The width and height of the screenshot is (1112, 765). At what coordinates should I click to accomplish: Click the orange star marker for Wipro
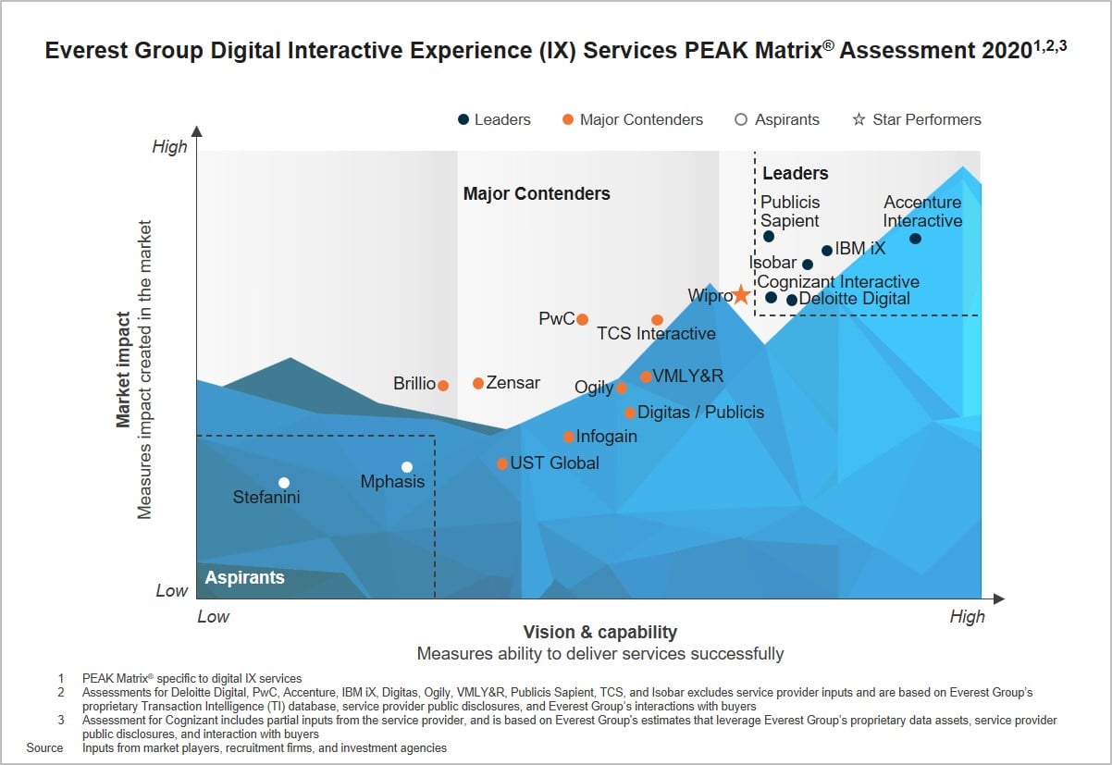(x=741, y=295)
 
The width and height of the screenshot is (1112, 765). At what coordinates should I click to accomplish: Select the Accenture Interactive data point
(x=915, y=239)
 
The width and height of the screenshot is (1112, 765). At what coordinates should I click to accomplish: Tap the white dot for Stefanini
(x=284, y=483)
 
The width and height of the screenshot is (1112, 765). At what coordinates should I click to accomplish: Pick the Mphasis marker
(x=406, y=467)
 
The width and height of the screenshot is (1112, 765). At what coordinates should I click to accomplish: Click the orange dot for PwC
(x=582, y=319)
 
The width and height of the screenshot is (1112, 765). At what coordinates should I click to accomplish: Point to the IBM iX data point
(x=827, y=251)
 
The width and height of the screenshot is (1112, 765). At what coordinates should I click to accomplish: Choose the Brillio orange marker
(x=443, y=386)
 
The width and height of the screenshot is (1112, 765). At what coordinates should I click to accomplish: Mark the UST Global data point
(x=502, y=463)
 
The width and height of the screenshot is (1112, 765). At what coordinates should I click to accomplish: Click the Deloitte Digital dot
(x=792, y=300)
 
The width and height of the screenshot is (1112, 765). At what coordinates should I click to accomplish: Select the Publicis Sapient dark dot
(x=769, y=237)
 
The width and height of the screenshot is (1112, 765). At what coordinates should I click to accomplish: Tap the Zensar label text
(x=513, y=383)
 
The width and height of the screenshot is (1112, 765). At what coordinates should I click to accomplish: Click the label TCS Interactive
(x=656, y=334)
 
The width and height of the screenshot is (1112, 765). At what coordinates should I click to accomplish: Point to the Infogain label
(x=606, y=437)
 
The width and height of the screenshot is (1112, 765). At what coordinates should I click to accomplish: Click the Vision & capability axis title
(x=600, y=633)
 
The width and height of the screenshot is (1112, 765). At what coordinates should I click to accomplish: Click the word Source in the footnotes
(x=44, y=747)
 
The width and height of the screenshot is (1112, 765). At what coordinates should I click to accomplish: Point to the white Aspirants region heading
(x=244, y=577)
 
